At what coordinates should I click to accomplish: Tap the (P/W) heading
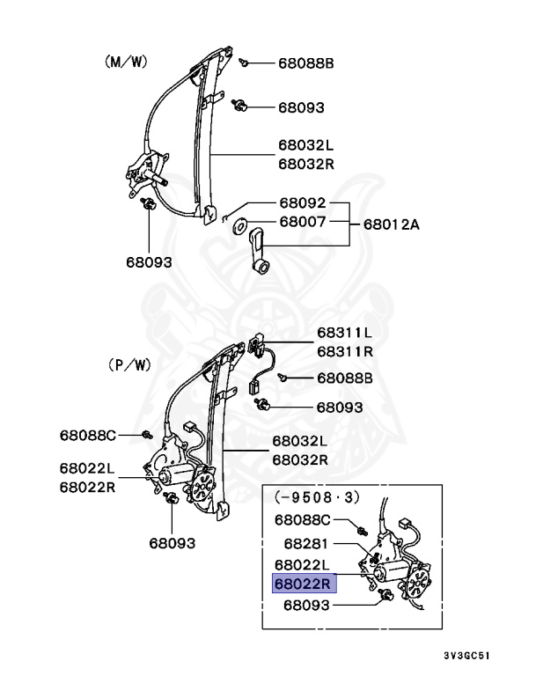[x=130, y=364]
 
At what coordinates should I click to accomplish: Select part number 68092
[x=303, y=202]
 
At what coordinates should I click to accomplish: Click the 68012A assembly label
[x=391, y=224]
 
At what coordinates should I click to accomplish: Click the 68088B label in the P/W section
[x=345, y=378]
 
